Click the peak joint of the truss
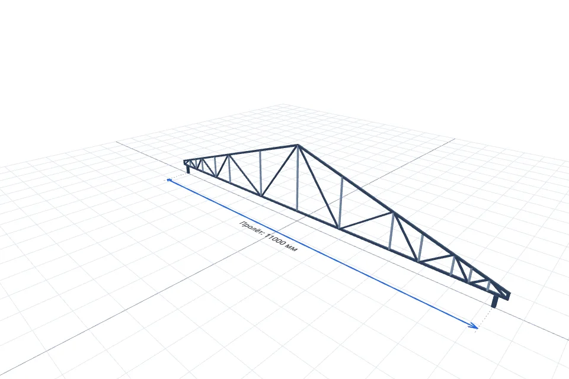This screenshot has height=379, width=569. pos(298,146)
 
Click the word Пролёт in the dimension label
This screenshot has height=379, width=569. pos(251,227)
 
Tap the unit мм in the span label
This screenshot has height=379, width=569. pos(292,248)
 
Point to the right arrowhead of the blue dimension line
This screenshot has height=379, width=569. pos(474,326)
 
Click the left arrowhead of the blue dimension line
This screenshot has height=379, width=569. pos(169,180)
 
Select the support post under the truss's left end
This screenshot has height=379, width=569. pos(188,169)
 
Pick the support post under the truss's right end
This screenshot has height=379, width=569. pos(494,301)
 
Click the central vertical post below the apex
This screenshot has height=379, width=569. pos(298,178)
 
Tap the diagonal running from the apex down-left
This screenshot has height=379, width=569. pos(279,171)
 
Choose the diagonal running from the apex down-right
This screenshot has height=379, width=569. pos(318,187)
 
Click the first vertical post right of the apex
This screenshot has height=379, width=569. pos(340,203)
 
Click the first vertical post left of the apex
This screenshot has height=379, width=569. pos(260,174)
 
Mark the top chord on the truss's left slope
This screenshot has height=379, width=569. pos(241,153)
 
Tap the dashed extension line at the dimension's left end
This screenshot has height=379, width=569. pos(178,176)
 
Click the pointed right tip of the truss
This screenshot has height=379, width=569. pos(510,294)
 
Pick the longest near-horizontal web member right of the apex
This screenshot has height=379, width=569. pos(366,220)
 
